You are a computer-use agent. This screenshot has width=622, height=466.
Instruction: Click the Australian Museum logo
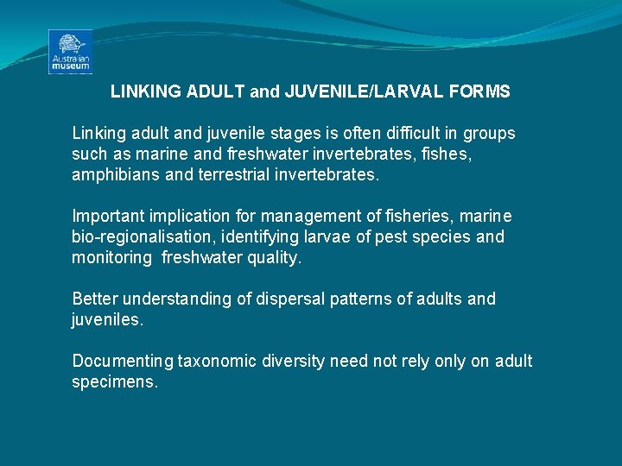pyautogui.click(x=71, y=52)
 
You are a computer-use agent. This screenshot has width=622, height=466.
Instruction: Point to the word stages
pyautogui.click(x=268, y=134)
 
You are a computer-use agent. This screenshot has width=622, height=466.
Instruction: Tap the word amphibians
pyautogui.click(x=111, y=175)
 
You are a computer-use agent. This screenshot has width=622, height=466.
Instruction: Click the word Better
pyautogui.click(x=95, y=299)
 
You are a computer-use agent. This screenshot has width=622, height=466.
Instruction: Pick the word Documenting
pyautogui.click(x=123, y=361)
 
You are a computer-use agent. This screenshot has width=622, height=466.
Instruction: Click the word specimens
pyautogui.click(x=114, y=381)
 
